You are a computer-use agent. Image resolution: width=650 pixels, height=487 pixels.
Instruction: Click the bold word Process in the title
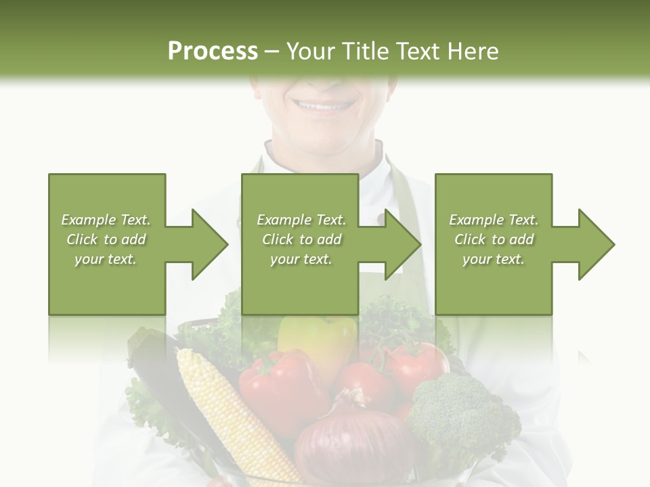click(213, 51)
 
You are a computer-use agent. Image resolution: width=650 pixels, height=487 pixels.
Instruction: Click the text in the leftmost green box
click(106, 239)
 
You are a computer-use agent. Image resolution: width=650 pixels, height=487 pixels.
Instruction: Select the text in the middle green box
click(301, 239)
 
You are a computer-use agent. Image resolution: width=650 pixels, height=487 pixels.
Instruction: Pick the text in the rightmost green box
click(494, 239)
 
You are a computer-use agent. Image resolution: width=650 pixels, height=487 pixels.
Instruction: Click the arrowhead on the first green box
click(207, 244)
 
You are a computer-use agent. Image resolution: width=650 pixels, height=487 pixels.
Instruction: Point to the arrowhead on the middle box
click(400, 244)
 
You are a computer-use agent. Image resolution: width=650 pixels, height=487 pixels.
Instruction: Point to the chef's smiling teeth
click(324, 106)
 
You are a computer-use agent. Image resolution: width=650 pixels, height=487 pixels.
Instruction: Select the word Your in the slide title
click(310, 51)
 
